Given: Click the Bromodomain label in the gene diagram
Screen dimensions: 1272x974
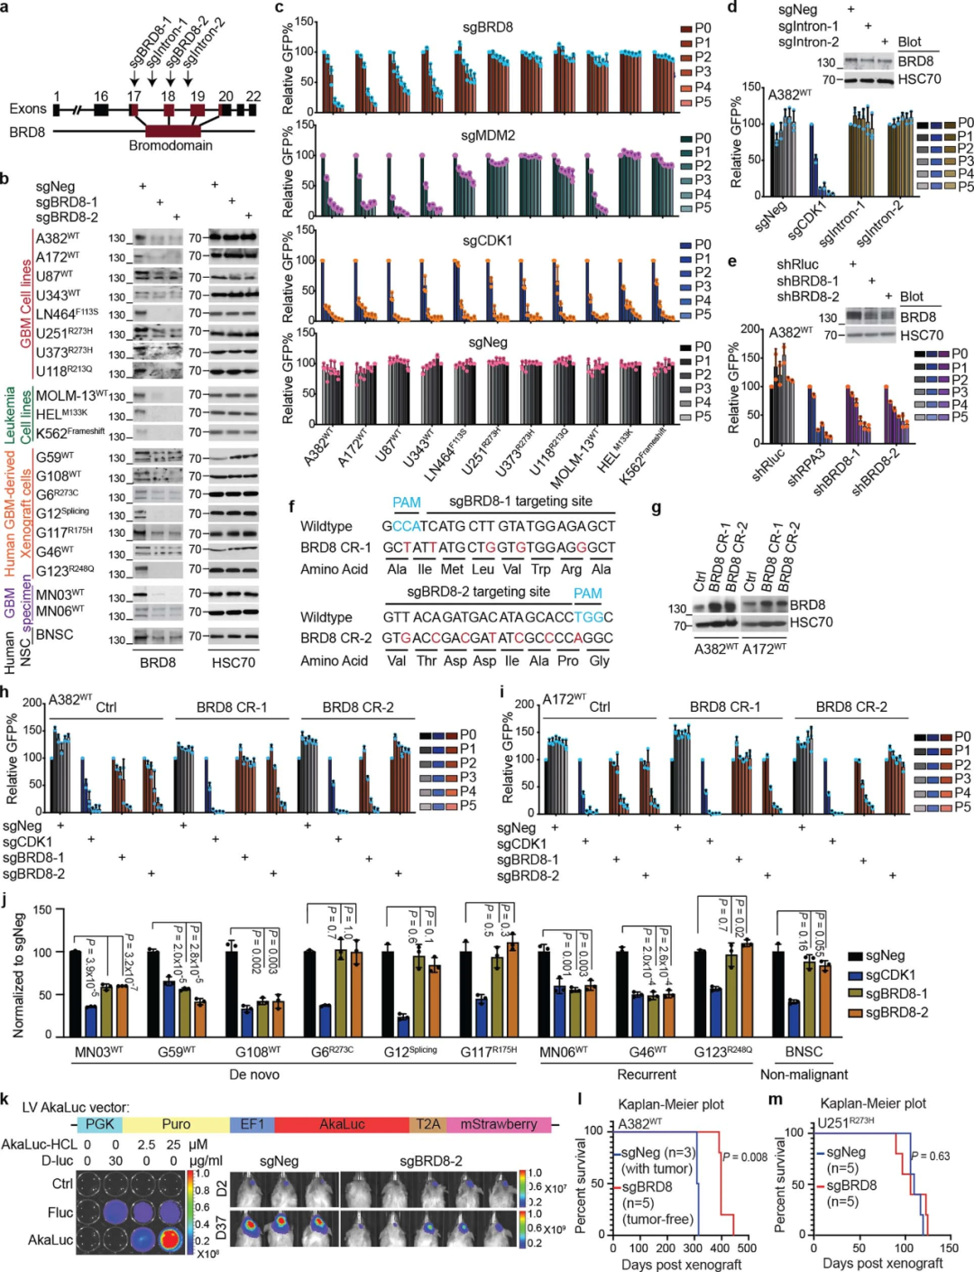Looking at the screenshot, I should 170,145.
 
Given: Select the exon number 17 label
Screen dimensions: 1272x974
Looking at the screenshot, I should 134,96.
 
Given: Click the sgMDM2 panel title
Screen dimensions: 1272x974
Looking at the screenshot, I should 488,135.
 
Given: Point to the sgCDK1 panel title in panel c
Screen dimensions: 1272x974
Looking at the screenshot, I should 488,241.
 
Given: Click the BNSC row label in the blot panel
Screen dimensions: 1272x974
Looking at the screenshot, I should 54,634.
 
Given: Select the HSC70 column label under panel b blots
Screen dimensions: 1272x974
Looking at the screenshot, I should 234,662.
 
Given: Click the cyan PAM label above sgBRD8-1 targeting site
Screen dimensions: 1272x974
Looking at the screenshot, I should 407,502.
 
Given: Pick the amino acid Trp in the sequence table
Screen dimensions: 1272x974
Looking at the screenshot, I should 541,569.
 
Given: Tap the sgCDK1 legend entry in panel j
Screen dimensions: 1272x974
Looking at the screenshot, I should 889,974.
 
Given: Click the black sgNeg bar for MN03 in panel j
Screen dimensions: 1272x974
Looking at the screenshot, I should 76,992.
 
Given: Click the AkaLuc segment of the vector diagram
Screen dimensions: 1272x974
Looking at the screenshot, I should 342,1124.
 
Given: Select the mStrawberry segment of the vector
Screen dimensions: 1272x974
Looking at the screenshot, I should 499,1124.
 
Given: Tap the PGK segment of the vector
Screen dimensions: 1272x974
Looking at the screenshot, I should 99,1124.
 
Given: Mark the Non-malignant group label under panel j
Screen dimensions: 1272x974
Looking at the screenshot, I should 804,1074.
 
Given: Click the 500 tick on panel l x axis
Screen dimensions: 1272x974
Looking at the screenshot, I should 747,1248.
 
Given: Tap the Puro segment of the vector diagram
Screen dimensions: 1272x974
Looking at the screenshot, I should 176,1124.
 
